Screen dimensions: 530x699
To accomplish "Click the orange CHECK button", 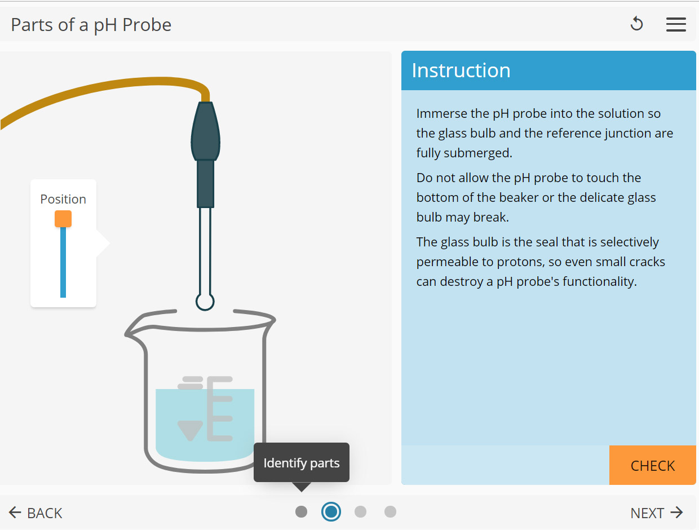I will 652,466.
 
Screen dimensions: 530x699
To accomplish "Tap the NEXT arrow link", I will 657,513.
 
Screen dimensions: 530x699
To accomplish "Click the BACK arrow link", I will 36,513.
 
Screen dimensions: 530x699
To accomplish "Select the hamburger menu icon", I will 676,24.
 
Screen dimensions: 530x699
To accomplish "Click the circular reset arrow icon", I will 636,24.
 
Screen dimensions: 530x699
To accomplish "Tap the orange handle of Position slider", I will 63,219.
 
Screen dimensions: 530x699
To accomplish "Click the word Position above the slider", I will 63,199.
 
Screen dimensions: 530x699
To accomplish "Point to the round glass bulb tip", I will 205,302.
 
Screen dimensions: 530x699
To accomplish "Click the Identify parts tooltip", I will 302,463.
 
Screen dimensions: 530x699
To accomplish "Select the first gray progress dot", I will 302,512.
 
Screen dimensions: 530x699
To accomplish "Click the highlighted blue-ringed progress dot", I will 331,512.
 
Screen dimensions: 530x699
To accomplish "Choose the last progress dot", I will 390,512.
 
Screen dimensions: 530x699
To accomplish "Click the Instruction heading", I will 461,70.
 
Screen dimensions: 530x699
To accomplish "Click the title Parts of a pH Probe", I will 91,25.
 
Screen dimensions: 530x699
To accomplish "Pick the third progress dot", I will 361,512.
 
